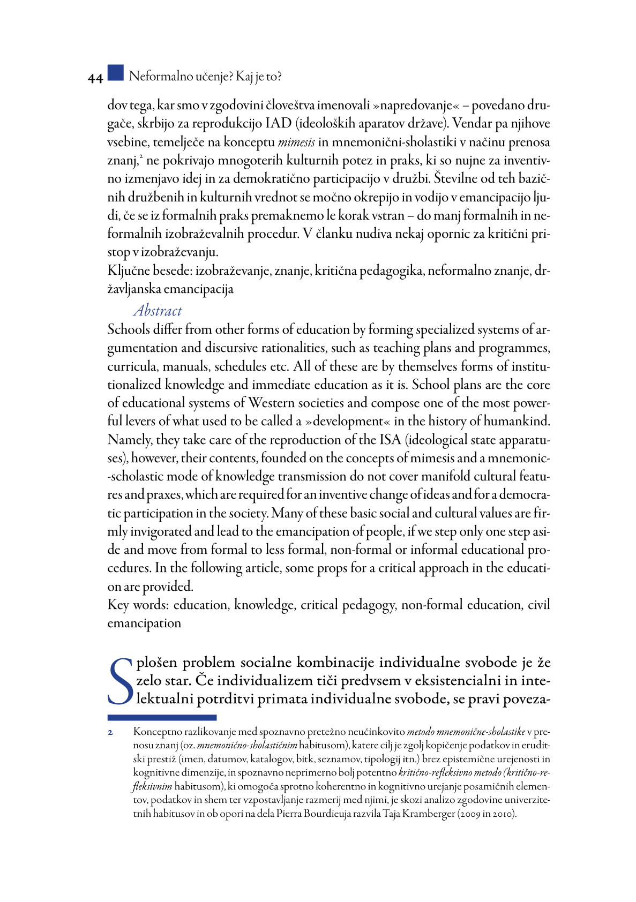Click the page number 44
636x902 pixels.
95,78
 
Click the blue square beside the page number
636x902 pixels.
115,73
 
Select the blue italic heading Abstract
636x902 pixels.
158,311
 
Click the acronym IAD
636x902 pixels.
278,124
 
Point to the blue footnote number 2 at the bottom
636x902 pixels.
110,732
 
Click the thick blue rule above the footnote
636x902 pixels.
162,717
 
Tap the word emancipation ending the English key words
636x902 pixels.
144,623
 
